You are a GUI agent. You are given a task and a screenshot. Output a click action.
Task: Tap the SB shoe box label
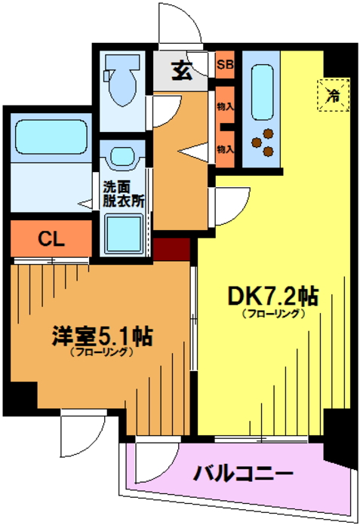pyautogui.click(x=225, y=64)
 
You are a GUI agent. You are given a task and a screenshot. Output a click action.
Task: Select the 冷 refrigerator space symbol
pyautogui.click(x=334, y=95)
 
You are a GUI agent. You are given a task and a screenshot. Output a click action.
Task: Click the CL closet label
pyautogui.click(x=51, y=239)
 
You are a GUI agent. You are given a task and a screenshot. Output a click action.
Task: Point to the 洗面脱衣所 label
pyautogui.click(x=124, y=195)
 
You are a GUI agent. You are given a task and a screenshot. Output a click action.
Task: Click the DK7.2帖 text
pyautogui.click(x=273, y=296)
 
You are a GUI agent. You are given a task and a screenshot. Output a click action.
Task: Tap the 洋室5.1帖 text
pyautogui.click(x=102, y=336)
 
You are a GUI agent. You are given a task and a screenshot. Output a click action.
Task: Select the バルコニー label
pyautogui.click(x=243, y=474)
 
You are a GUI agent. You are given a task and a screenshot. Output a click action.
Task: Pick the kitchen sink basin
pyautogui.click(x=262, y=92)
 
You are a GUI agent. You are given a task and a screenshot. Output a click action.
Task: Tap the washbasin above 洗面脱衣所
pyautogui.click(x=123, y=156)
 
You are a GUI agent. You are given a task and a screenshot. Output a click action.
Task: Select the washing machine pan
pyautogui.click(x=123, y=234)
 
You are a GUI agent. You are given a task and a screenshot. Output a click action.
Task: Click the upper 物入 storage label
pyautogui.click(x=225, y=107)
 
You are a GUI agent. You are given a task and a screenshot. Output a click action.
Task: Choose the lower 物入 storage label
pyautogui.click(x=225, y=149)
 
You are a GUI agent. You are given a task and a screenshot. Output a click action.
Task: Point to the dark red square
pyautogui.click(x=171, y=249)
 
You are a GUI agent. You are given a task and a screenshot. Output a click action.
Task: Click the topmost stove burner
pyautogui.click(x=269, y=134)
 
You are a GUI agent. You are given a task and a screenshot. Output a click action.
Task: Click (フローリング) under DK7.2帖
pyautogui.click(x=273, y=314)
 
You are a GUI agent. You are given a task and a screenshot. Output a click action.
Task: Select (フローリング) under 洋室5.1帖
pyautogui.click(x=101, y=352)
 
